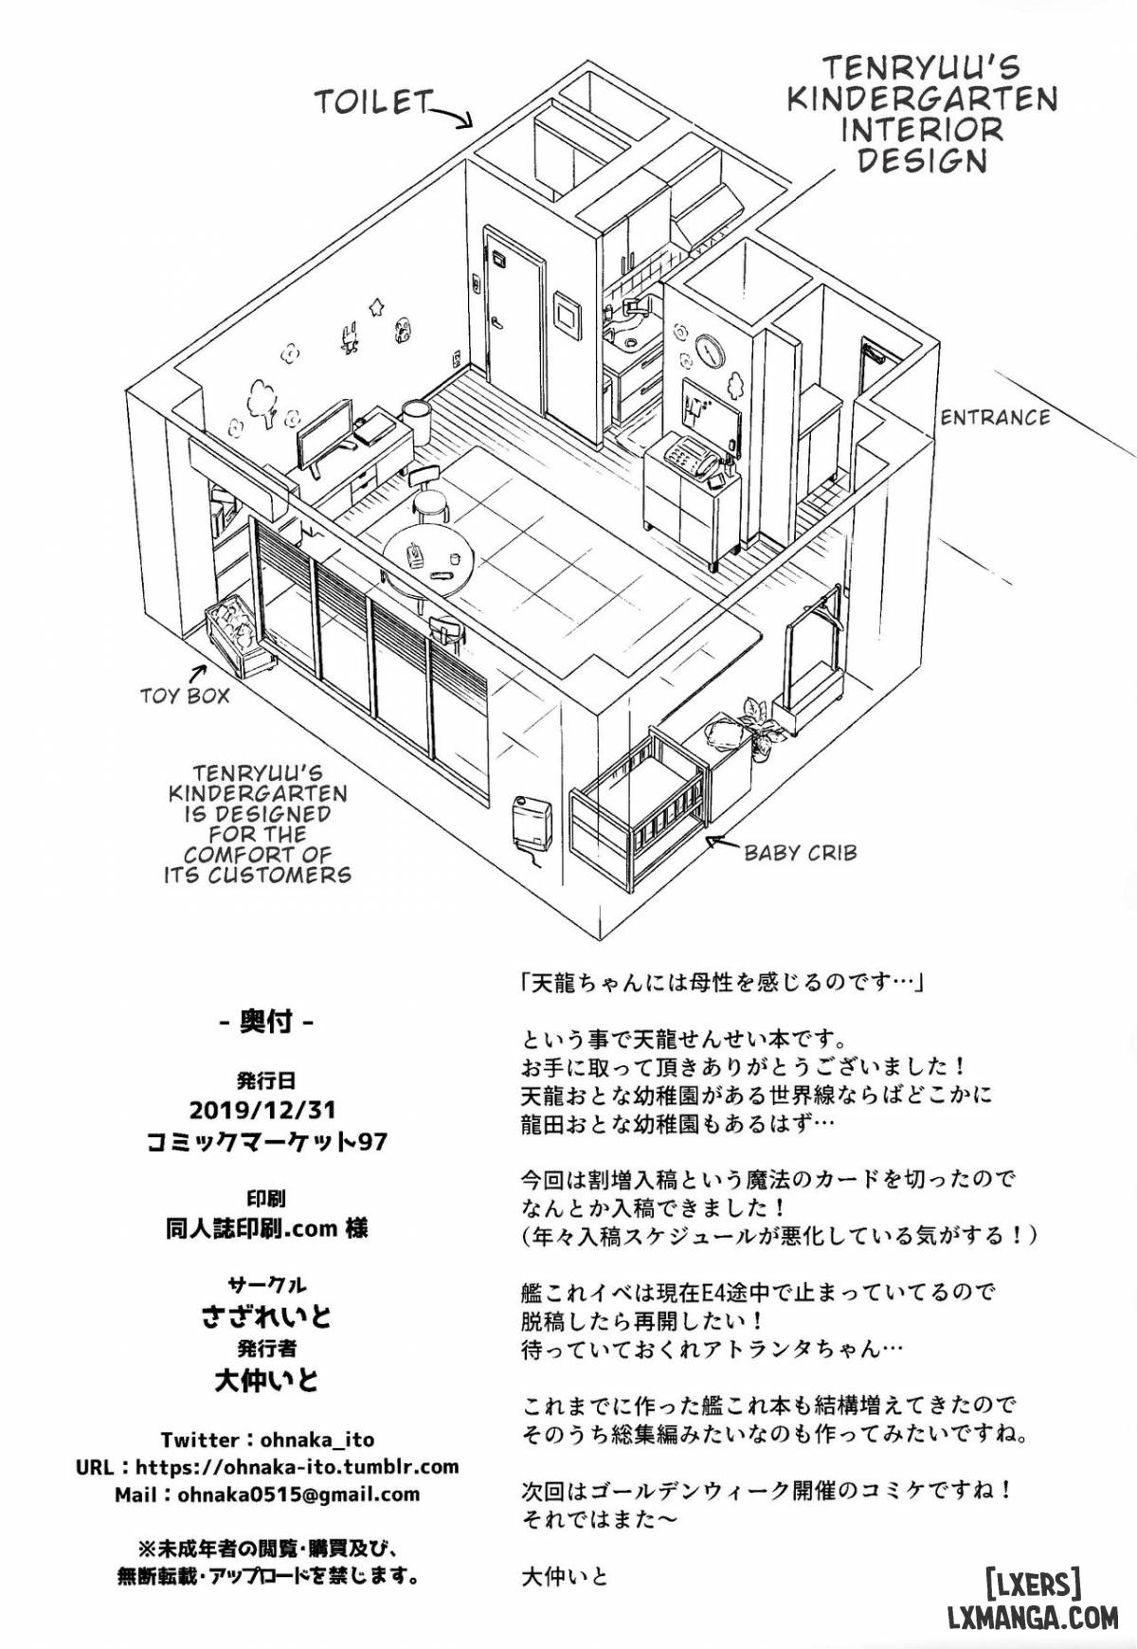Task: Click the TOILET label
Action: (373, 101)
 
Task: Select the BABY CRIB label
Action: (800, 853)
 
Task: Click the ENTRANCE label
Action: (995, 417)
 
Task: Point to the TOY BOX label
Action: (185, 697)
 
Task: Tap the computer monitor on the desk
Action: (325, 435)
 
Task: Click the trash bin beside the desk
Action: (416, 424)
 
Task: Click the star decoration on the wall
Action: (378, 306)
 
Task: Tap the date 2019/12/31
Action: (263, 1109)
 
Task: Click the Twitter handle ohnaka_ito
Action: (313, 1440)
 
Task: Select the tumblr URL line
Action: (267, 1467)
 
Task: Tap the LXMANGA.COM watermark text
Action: (1033, 1617)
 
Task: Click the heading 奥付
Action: (265, 1023)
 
